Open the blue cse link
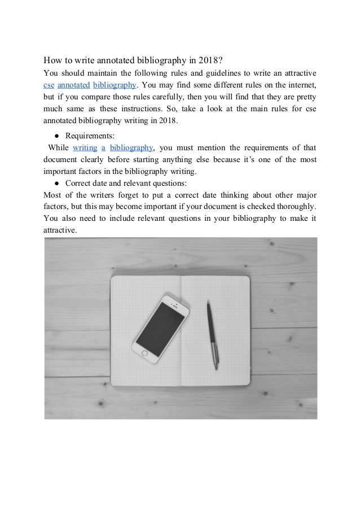[49, 85]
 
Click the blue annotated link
[73, 85]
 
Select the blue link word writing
[85, 147]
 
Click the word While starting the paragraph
[58, 147]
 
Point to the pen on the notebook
[212, 333]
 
